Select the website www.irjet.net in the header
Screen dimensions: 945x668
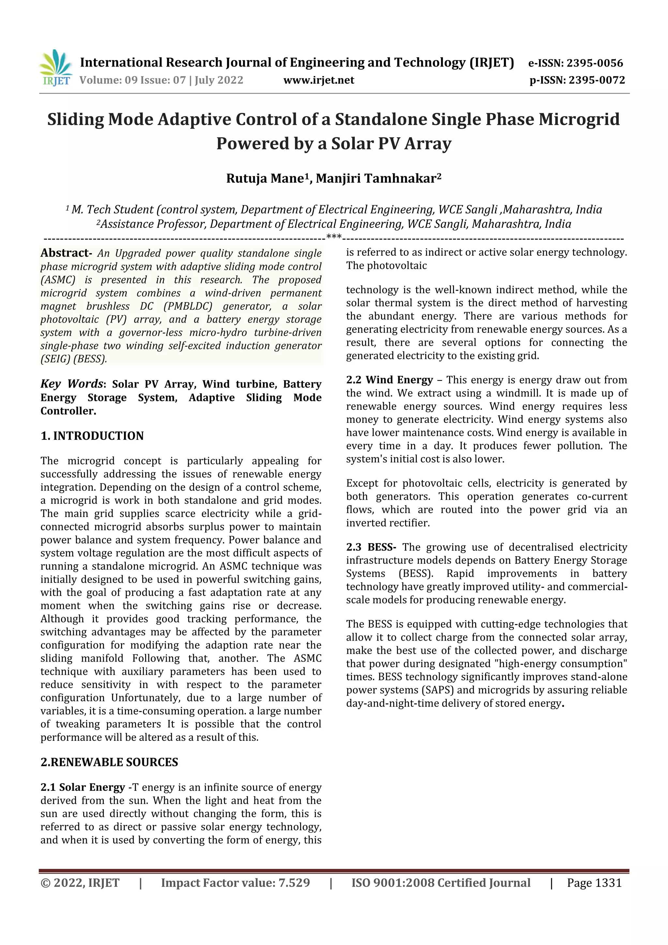tap(319, 80)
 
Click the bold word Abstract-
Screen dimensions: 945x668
tap(66, 253)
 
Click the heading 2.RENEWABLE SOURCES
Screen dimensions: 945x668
tap(109, 762)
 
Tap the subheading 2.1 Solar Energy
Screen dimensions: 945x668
tap(82, 787)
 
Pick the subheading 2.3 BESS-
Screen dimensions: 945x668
tap(371, 547)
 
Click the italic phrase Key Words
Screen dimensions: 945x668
tap(71, 384)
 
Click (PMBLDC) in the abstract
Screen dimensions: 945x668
tap(188, 306)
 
